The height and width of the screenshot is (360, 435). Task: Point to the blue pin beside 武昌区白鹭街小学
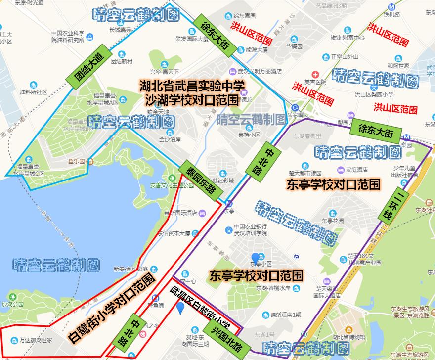[181, 308]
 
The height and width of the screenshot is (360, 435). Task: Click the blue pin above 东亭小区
[255, 258]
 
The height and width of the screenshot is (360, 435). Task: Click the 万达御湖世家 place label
[36, 341]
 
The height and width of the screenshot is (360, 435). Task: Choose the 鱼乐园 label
[77, 161]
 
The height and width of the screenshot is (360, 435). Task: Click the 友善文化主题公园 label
[172, 186]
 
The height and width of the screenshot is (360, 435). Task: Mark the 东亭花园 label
[332, 220]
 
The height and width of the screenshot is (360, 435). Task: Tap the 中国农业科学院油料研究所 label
[68, 37]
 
